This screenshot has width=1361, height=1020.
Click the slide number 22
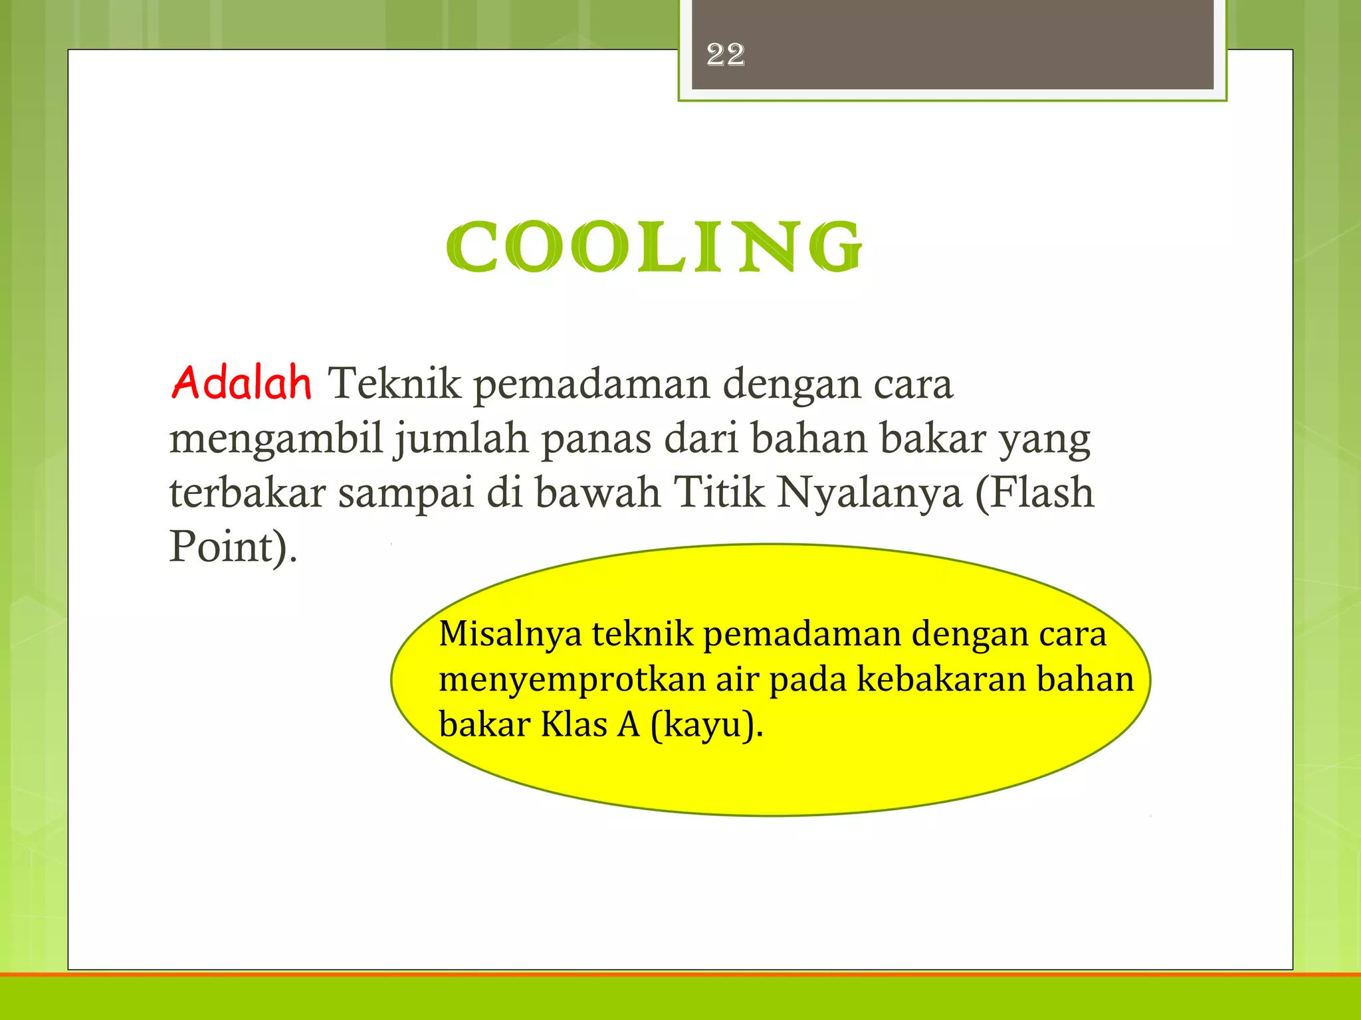[x=726, y=54]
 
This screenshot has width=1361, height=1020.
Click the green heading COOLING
[x=654, y=247]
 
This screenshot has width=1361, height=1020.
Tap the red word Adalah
[x=241, y=383]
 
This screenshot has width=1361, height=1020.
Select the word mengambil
[x=276, y=440]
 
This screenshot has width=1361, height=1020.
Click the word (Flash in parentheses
[x=1034, y=493]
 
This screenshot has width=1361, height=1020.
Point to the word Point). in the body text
[x=233, y=547]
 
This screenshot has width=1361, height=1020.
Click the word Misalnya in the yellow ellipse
[x=510, y=634]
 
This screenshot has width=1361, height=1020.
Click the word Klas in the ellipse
[x=574, y=724]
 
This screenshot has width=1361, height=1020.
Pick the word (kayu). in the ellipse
[x=707, y=725]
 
